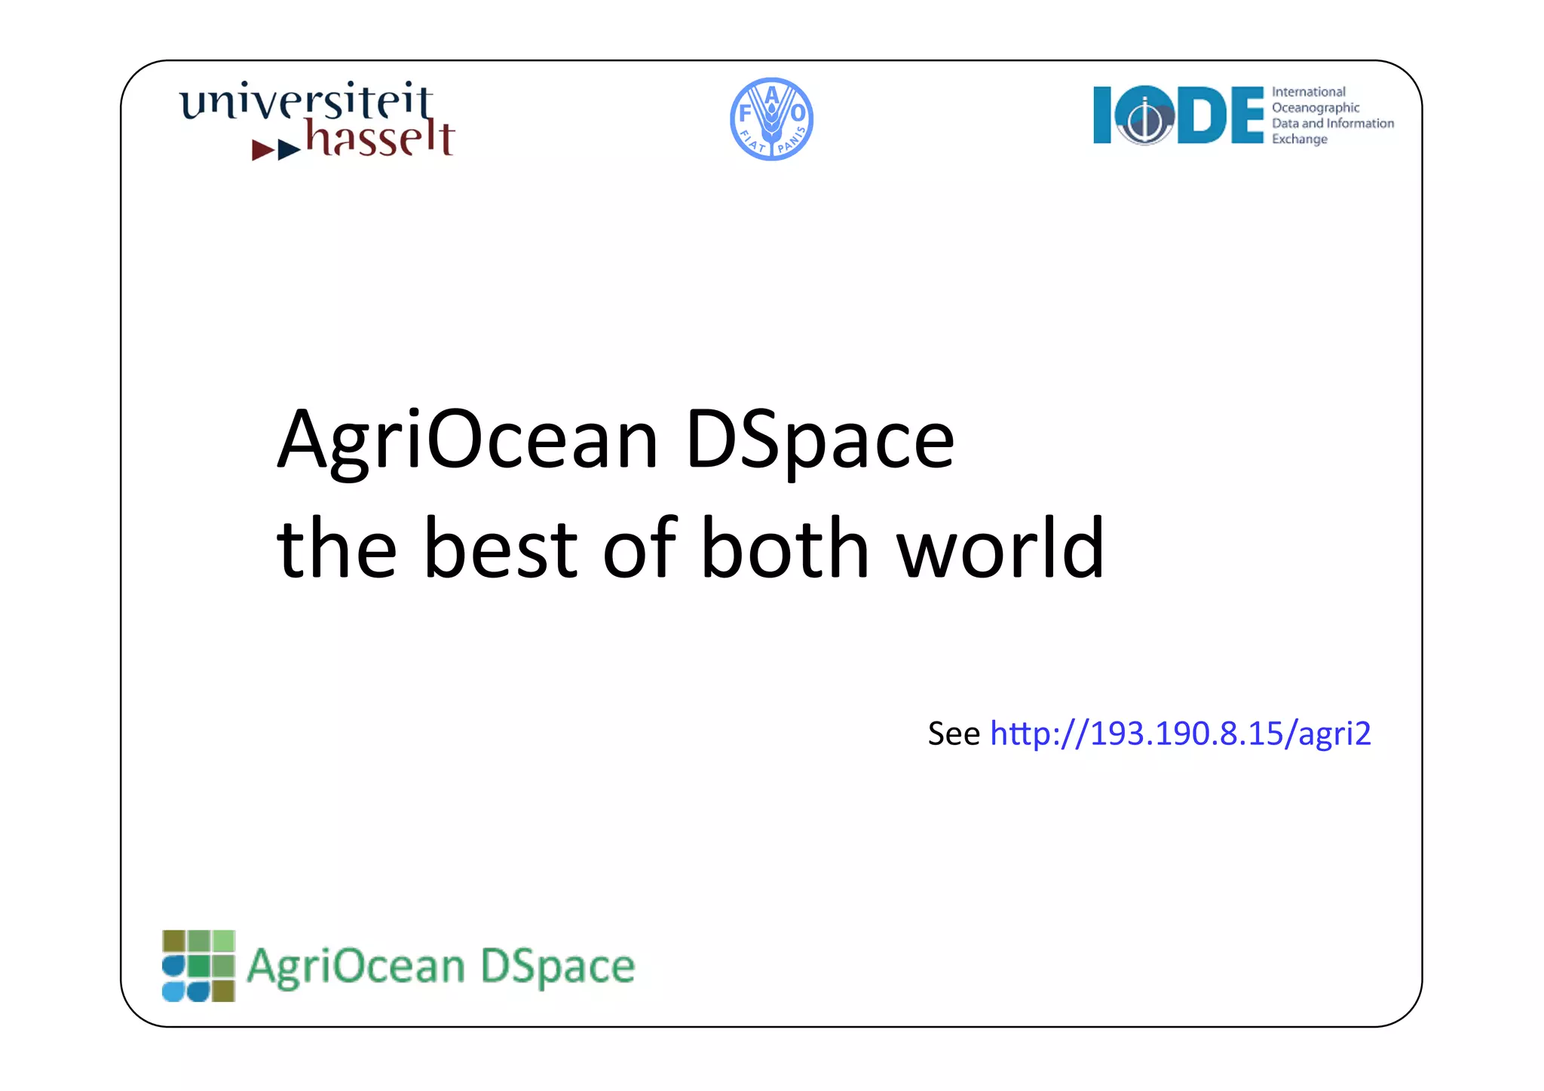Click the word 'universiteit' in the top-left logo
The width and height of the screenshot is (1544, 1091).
pos(305,102)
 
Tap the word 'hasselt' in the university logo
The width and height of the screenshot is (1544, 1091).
pos(379,139)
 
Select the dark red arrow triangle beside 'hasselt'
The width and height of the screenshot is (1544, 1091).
pos(262,149)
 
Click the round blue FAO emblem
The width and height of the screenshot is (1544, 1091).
pos(771,119)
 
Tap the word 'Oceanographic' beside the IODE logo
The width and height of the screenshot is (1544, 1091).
pos(1316,108)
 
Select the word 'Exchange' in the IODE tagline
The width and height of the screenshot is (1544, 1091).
pos(1299,139)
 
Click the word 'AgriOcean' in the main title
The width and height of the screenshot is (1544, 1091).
pos(468,440)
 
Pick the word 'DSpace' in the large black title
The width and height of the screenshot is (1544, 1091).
pos(819,440)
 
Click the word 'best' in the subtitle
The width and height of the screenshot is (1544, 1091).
pos(501,549)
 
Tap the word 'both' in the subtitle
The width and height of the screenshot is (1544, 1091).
pos(785,549)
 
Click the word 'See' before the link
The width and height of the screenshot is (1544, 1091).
pos(953,734)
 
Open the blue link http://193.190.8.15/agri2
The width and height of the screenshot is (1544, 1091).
pos(1180,734)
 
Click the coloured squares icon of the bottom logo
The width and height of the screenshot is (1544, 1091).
pos(198,966)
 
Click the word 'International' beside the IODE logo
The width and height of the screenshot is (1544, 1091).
pos(1308,92)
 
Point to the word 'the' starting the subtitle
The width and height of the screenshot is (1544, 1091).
pos(336,549)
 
